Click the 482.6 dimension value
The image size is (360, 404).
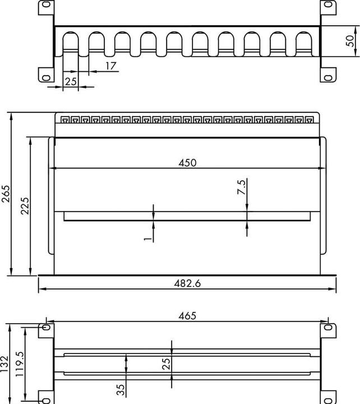pyautogui.click(x=187, y=284)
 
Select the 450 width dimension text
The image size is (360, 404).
pyautogui.click(x=187, y=163)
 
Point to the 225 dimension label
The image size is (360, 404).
pyautogui.click(x=25, y=206)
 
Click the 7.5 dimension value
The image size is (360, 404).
pyautogui.click(x=241, y=187)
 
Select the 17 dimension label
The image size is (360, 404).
pyautogui.click(x=110, y=66)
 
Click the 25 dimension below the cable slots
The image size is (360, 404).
pyautogui.click(x=70, y=81)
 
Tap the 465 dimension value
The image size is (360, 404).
pyautogui.click(x=187, y=316)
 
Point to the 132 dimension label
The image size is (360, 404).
pyautogui.click(x=5, y=363)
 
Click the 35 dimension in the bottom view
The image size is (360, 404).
pyautogui.click(x=121, y=389)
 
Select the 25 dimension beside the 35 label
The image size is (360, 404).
pyautogui.click(x=166, y=364)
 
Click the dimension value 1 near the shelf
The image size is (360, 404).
pyautogui.click(x=147, y=237)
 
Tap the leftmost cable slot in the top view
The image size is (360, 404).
pyautogui.click(x=71, y=44)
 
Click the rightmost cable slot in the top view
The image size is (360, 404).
pyautogui.click(x=303, y=44)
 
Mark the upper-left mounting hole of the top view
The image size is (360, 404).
pyautogui.click(x=46, y=6)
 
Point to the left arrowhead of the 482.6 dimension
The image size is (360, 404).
pyautogui.click(x=40, y=290)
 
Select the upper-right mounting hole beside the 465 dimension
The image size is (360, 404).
pyautogui.click(x=327, y=327)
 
